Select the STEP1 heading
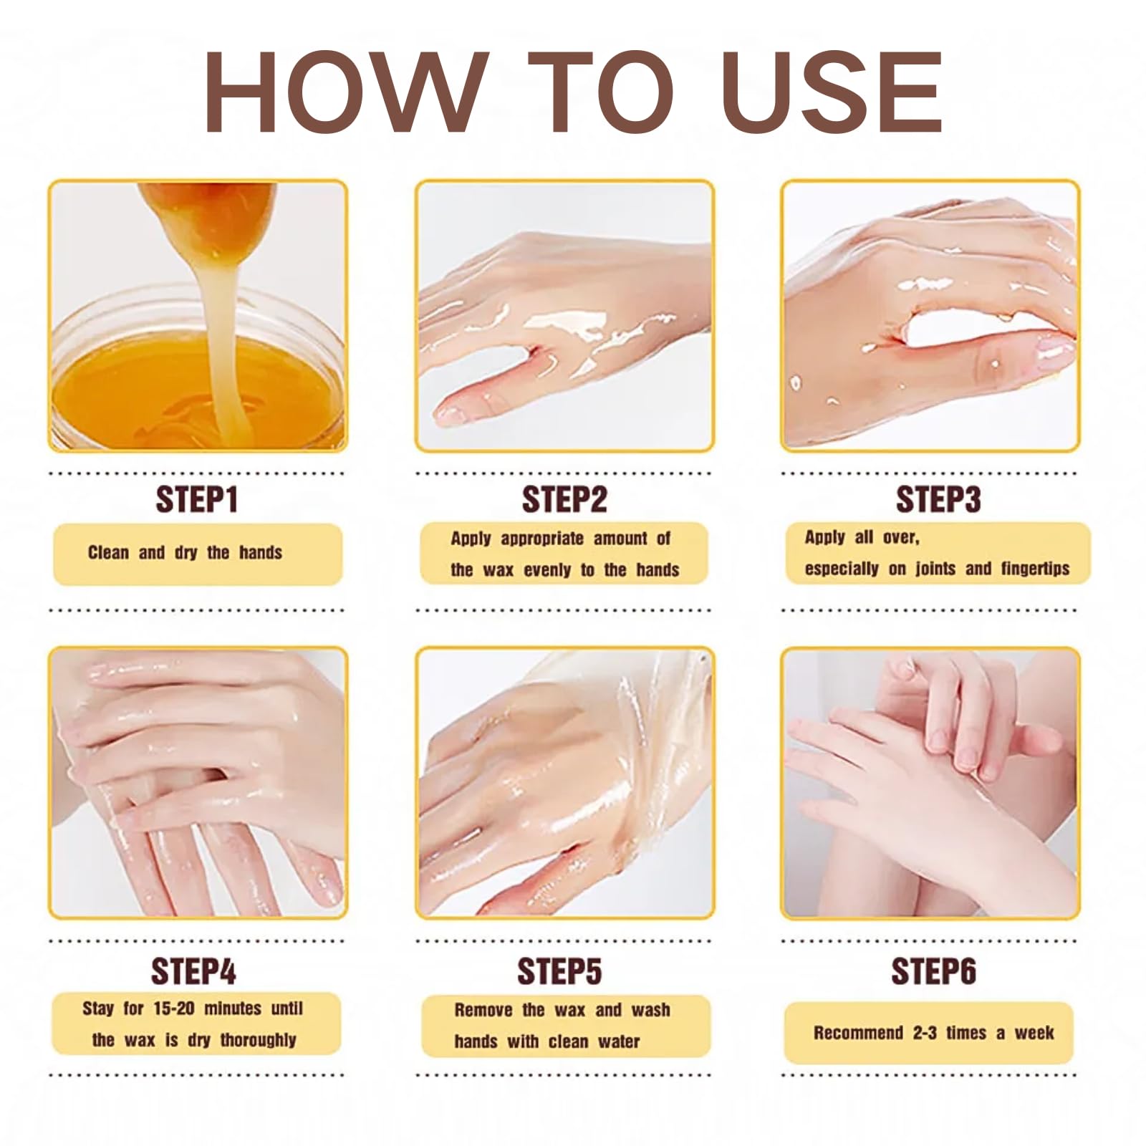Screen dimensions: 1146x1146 tap(196, 499)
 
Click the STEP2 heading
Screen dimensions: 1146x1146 tap(564, 499)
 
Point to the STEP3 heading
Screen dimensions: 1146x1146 tap(938, 499)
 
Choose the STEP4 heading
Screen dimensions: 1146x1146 tap(193, 971)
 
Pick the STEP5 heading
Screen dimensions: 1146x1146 tap(559, 971)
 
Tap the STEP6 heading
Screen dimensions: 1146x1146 tap(933, 971)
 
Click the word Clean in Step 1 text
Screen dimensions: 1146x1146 tap(108, 552)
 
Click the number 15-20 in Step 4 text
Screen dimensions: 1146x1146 tap(174, 1008)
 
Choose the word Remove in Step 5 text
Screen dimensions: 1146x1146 tap(483, 1010)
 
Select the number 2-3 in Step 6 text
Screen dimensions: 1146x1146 tap(925, 1033)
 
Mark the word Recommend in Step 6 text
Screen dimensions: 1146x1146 tap(858, 1033)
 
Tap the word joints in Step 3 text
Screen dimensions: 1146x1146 tap(935, 569)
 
